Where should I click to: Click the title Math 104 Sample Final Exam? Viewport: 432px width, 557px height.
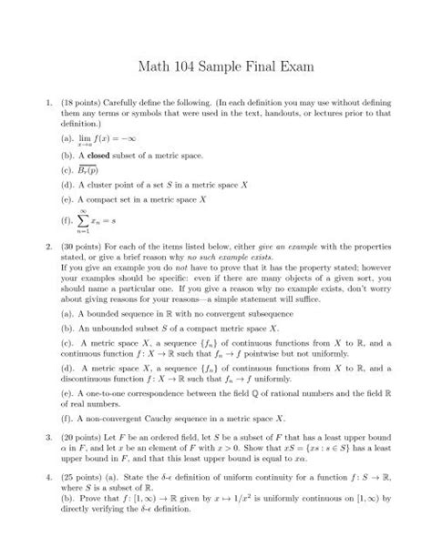[216, 66]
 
